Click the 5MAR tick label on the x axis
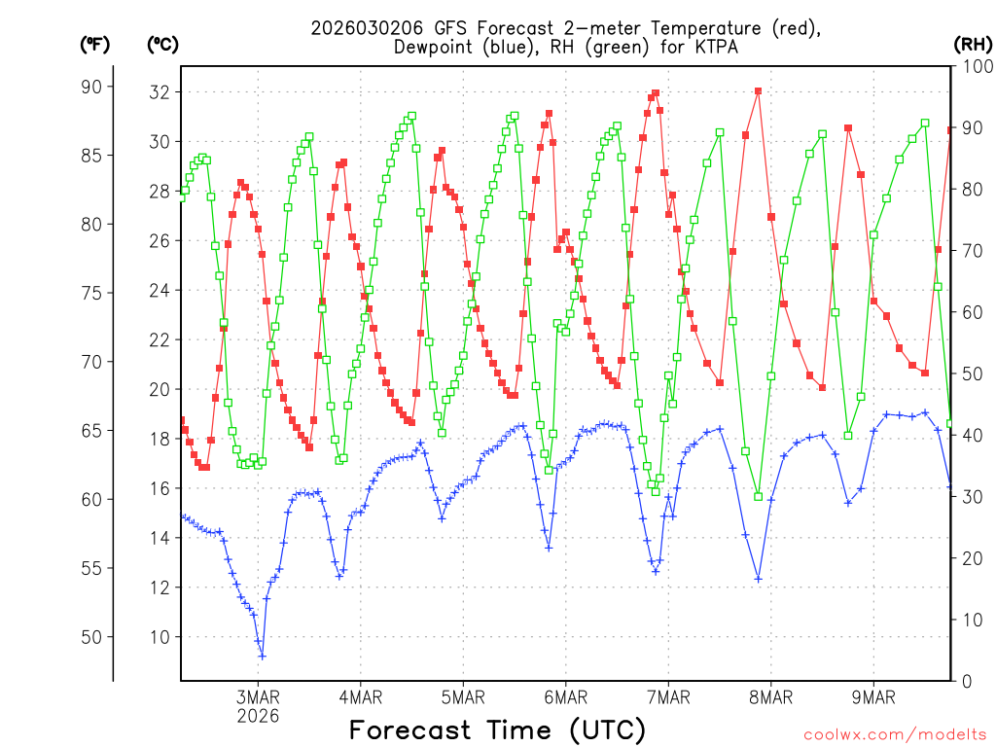click(x=462, y=696)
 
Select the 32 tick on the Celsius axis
click(x=159, y=92)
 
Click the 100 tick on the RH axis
click(x=976, y=66)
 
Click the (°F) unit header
click(x=95, y=44)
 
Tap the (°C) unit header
click(x=163, y=44)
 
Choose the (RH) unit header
click(x=973, y=44)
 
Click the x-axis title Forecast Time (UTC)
click(x=497, y=729)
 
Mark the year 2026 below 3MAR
click(x=258, y=716)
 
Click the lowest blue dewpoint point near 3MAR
click(x=262, y=656)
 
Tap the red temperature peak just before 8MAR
click(x=758, y=91)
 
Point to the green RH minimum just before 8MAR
click(x=758, y=496)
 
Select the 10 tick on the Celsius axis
click(x=159, y=637)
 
